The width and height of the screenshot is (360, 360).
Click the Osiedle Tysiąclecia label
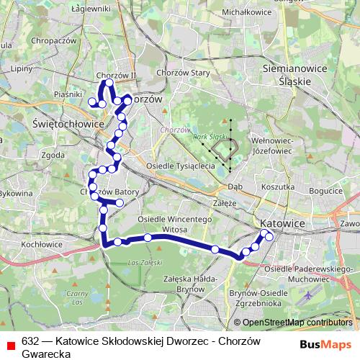tap(181, 166)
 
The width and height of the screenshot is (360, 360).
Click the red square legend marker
tap(9, 343)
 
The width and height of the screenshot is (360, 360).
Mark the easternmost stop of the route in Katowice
tap(269, 236)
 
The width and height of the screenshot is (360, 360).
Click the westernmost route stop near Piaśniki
tap(92, 104)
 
